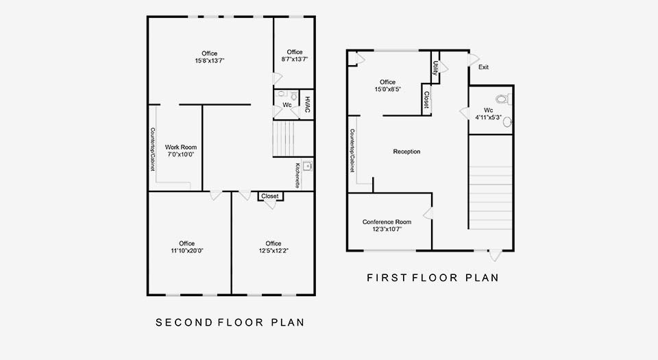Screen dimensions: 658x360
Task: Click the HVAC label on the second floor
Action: point(307,104)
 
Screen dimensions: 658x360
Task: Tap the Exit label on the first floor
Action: point(483,67)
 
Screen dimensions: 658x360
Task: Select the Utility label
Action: point(435,69)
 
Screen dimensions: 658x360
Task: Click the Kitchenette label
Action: point(297,176)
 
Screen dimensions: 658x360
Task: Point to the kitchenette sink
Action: point(308,166)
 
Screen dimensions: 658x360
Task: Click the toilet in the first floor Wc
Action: point(503,99)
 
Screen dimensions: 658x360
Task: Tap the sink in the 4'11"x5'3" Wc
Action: point(507,122)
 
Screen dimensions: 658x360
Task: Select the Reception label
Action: point(406,152)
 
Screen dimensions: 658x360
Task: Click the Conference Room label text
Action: point(387,222)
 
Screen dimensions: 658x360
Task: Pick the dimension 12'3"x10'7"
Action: point(387,229)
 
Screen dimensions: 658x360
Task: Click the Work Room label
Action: point(181,147)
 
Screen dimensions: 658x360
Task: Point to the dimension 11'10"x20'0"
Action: point(186,250)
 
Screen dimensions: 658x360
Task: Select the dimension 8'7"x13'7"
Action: point(295,59)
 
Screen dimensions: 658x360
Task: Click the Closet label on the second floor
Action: point(270,196)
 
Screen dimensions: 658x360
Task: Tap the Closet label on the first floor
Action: point(426,100)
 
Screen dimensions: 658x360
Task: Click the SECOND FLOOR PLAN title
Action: point(230,322)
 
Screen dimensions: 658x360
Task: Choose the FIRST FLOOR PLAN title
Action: point(432,277)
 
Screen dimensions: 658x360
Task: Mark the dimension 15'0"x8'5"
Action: point(388,89)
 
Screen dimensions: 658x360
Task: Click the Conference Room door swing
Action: point(428,213)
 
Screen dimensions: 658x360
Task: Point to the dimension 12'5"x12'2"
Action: point(273,250)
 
